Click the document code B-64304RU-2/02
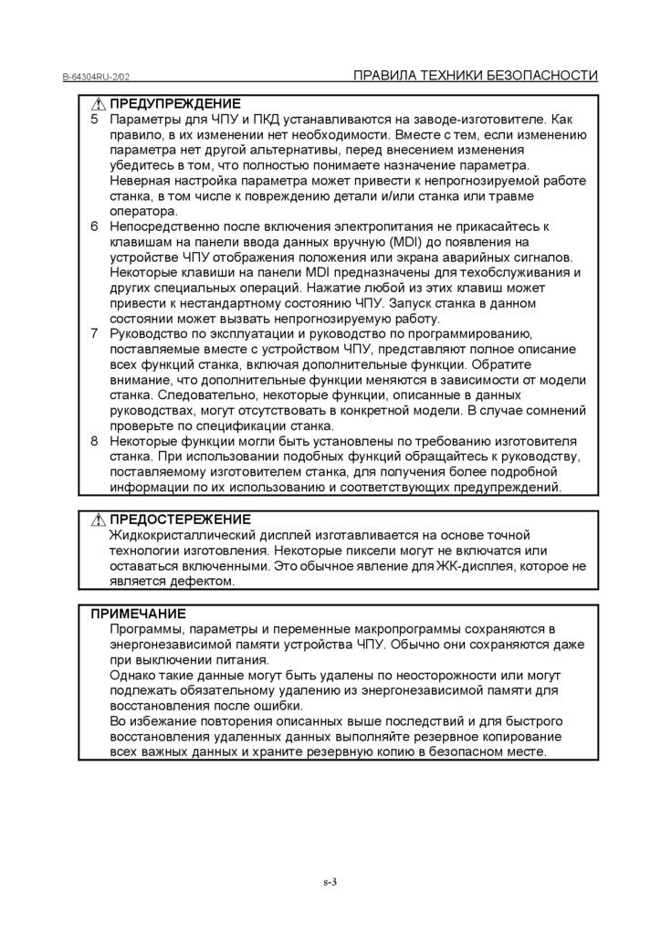click(x=101, y=78)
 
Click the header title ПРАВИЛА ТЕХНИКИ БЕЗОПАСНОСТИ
click(x=475, y=76)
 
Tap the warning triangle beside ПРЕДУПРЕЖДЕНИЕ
click(x=99, y=104)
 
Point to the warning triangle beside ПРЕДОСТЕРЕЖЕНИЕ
click(x=99, y=520)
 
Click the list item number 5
click(x=95, y=120)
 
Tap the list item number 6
click(x=95, y=226)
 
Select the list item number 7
click(x=95, y=333)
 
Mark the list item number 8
click(x=95, y=441)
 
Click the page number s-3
click(x=330, y=882)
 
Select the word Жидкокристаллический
click(x=184, y=535)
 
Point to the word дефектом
click(x=204, y=582)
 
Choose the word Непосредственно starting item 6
click(x=168, y=226)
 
